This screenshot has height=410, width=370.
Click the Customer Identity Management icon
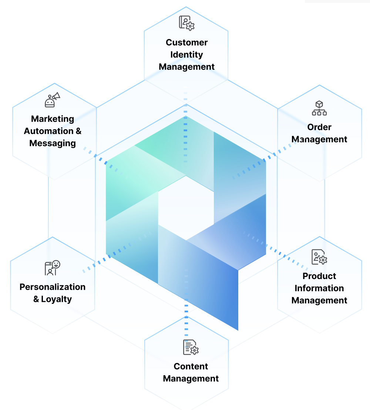tap(186, 23)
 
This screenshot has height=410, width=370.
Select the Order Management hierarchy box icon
tap(319, 108)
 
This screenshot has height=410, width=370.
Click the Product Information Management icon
tap(319, 257)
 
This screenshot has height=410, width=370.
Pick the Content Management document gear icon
tap(191, 347)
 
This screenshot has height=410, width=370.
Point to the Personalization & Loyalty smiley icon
tap(52, 268)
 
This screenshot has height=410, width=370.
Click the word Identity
tap(186, 55)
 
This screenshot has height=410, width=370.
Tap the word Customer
tap(186, 43)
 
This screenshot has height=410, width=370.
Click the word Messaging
tap(53, 143)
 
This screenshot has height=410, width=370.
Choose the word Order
tap(319, 127)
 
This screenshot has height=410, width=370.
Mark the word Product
tap(319, 276)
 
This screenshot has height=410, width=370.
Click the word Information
tap(319, 288)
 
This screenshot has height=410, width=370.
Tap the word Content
tap(191, 366)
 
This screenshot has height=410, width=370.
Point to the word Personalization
tap(53, 287)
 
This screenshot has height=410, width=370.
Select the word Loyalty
tap(56, 299)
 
